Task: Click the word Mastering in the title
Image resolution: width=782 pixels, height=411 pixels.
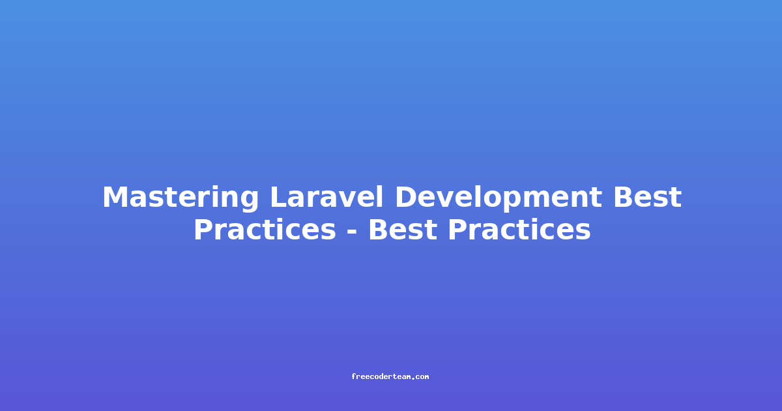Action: [181, 198]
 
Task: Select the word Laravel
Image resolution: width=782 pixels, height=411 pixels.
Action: [326, 197]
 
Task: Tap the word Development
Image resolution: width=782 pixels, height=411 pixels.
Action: [498, 198]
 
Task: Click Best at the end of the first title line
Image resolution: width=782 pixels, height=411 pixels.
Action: [648, 197]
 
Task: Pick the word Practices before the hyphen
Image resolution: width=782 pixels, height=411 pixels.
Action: [265, 230]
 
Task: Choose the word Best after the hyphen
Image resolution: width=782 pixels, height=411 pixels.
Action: [403, 230]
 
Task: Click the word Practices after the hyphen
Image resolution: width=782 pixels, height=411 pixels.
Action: [519, 230]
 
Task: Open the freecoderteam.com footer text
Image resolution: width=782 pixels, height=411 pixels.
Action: [390, 377]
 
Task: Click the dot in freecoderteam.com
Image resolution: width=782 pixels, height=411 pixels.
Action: [414, 378]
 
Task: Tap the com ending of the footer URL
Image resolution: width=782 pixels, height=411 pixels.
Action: [422, 377]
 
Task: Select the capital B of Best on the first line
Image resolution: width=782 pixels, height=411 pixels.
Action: [624, 197]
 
